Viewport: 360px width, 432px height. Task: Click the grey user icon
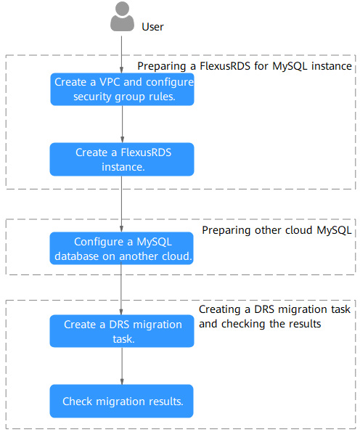tap(122, 16)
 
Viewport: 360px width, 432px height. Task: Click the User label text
tap(152, 27)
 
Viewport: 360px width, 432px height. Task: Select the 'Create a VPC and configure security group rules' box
tap(122, 89)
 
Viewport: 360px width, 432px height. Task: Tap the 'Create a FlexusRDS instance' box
tap(122, 159)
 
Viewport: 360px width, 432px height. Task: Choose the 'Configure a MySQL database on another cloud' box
tap(121, 248)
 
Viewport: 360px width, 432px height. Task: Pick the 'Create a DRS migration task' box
tap(122, 331)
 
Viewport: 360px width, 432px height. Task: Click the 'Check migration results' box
tap(121, 401)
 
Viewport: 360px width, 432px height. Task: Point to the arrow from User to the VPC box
tap(121, 54)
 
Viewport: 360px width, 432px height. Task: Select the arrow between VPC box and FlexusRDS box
tap(122, 124)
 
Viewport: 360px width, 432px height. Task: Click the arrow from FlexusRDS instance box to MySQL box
tap(121, 204)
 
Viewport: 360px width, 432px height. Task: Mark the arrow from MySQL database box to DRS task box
tap(121, 289)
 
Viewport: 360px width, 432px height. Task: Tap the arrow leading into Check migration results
tap(122, 366)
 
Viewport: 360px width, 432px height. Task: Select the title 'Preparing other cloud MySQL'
tap(277, 230)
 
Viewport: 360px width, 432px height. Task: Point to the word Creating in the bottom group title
tap(220, 310)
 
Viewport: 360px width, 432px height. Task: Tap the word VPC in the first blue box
tap(110, 82)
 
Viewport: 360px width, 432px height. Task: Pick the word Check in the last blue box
tap(77, 402)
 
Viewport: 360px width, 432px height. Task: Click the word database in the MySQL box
tap(76, 256)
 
